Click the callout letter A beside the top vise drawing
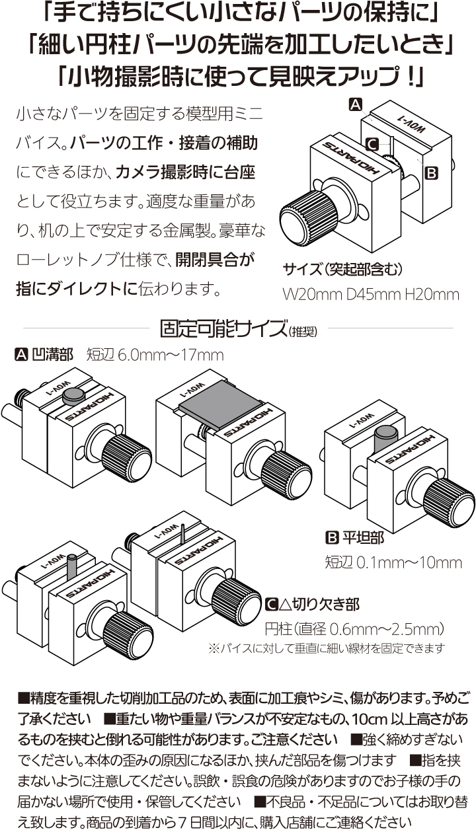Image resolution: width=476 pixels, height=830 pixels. pyautogui.click(x=356, y=104)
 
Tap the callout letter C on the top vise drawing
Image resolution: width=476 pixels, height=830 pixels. pyautogui.click(x=372, y=144)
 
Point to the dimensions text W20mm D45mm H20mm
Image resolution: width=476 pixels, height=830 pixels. pyautogui.click(x=370, y=294)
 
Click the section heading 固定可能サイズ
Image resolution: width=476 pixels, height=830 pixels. pyautogui.click(x=223, y=328)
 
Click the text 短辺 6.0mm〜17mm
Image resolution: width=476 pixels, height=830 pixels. pyautogui.click(x=155, y=355)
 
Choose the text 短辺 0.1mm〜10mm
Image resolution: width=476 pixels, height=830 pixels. pyautogui.click(x=393, y=562)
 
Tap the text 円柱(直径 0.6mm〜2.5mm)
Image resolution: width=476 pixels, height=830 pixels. pyautogui.click(x=354, y=628)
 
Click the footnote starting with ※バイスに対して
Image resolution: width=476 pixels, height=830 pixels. pyautogui.click(x=327, y=648)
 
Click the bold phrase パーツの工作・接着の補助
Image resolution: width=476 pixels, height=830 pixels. pyautogui.click(x=164, y=143)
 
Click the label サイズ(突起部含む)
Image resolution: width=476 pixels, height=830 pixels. pyautogui.click(x=342, y=270)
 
